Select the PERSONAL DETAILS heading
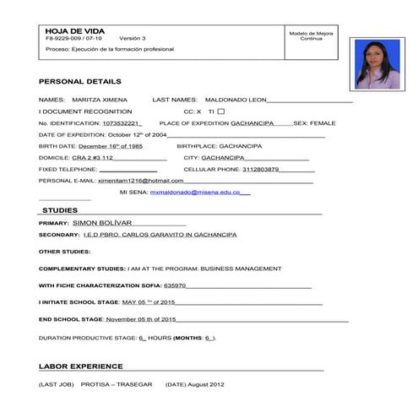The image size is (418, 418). click(79, 81)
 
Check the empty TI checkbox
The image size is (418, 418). click(221, 111)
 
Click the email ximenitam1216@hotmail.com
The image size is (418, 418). click(140, 180)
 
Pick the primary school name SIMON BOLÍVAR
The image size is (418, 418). click(104, 222)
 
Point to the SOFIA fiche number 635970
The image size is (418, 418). click(175, 285)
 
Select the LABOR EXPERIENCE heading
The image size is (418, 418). click(80, 366)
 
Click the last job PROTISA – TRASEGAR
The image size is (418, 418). click(117, 384)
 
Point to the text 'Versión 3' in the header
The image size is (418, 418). click(133, 39)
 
